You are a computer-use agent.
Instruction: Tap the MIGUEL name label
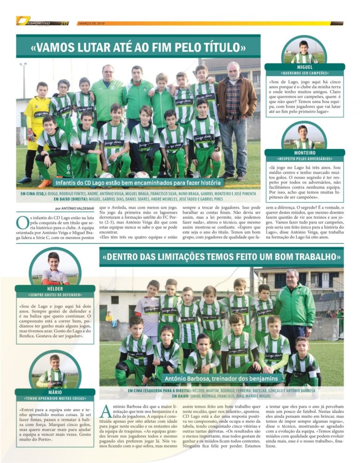(305, 67)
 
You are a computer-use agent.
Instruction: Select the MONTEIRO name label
(305, 152)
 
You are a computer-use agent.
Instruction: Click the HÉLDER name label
(55, 289)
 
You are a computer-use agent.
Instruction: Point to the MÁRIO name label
(55, 392)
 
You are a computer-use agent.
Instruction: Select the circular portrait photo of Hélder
(55, 269)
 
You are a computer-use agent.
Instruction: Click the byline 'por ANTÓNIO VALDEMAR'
(75, 208)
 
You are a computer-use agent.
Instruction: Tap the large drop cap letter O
(22, 223)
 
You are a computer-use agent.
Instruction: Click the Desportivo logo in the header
(37, 21)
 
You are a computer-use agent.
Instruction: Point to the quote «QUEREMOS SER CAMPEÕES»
(305, 74)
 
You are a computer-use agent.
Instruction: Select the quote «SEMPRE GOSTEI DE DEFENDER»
(55, 295)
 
